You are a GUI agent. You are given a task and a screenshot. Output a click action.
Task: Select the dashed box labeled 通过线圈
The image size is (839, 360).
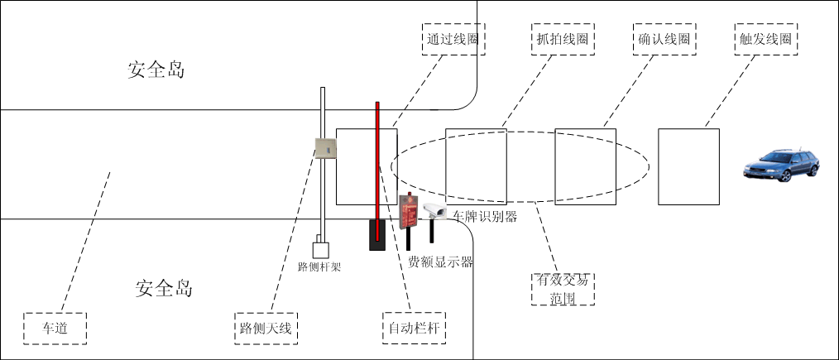453,39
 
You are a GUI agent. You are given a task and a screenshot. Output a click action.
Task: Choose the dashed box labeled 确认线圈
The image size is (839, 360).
664,39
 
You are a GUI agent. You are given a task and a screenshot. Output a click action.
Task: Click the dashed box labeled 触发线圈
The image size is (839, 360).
768,39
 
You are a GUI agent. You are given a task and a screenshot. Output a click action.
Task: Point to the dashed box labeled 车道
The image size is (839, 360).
55,329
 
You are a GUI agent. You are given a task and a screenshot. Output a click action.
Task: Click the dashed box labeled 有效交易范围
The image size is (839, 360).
563,289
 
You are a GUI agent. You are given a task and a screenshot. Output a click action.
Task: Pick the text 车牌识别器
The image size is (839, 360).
485,217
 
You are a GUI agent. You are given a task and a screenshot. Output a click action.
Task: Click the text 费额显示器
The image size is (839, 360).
440,262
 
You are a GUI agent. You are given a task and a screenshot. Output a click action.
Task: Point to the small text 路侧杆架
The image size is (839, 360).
319,267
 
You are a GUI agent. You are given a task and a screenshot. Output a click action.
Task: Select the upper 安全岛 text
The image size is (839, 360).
156,70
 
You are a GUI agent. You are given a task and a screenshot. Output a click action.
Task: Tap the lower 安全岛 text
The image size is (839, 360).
164,289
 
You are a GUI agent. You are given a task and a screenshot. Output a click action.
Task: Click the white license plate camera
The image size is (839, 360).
434,211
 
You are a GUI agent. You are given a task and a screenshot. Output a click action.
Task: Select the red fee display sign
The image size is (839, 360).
406,212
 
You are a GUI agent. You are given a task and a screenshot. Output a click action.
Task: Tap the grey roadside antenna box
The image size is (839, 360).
325,147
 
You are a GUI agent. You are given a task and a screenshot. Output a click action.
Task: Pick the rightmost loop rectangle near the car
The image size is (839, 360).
688,166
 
